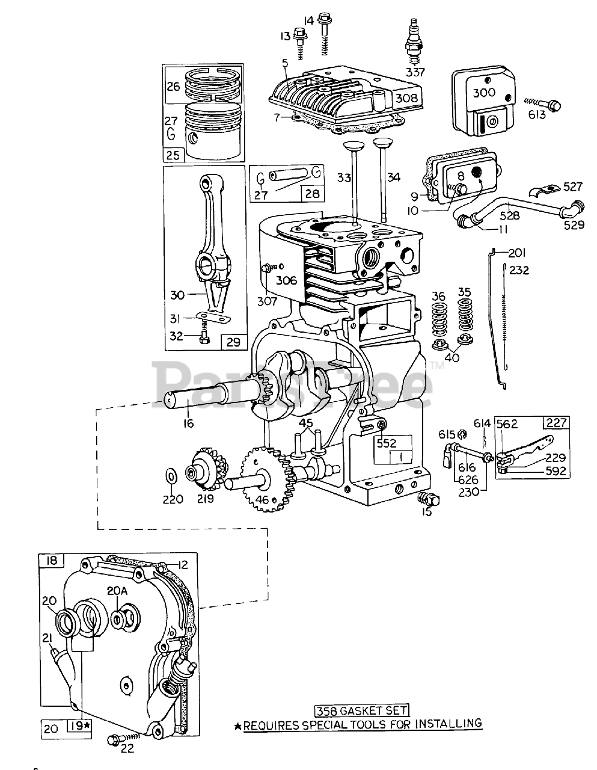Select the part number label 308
406,98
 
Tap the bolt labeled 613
542,104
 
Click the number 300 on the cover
484,93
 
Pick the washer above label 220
171,476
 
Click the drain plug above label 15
429,499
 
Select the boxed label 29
234,342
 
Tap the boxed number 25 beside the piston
173,155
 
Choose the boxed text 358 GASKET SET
361,710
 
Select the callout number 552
387,443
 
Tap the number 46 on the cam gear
262,500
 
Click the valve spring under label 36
439,319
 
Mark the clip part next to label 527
542,190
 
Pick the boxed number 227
557,422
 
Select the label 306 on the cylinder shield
287,281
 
